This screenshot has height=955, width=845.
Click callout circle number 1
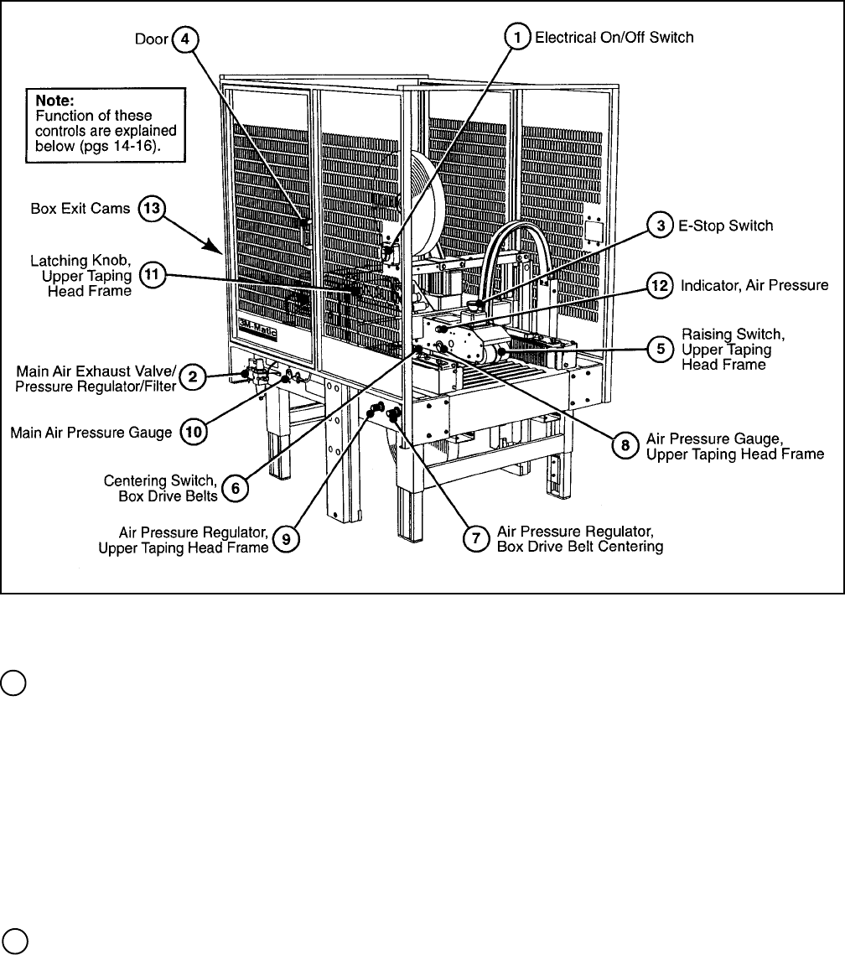click(518, 38)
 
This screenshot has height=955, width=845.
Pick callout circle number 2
click(193, 376)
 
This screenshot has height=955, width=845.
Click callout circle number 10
click(193, 433)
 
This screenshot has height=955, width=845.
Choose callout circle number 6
click(236, 490)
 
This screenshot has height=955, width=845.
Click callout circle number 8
click(625, 445)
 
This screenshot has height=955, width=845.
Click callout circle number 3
click(661, 226)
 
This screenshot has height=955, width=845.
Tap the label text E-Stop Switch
click(725, 226)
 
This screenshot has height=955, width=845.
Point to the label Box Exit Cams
click(80, 209)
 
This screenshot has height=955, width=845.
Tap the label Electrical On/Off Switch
click(614, 38)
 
